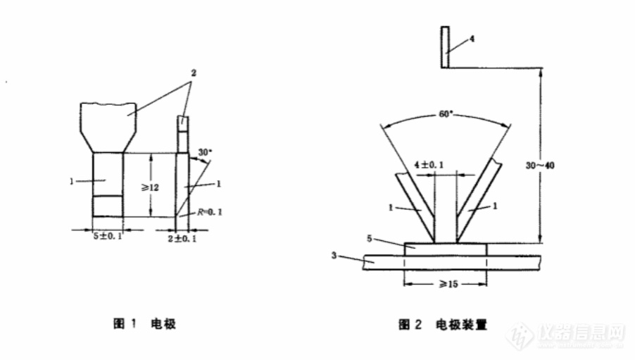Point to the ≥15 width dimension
tap(446, 283)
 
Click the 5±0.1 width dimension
tap(108, 235)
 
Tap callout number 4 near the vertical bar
tap(471, 39)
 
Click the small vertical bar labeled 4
tap(445, 47)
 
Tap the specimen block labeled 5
tap(445, 249)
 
